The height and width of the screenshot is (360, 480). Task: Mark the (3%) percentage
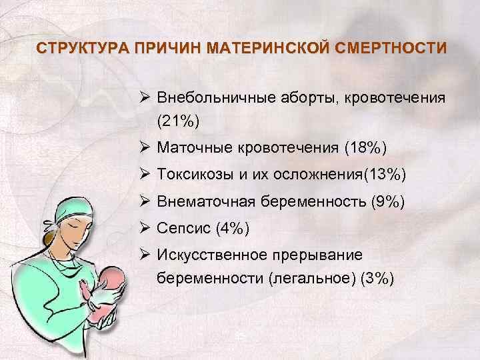coord(377,278)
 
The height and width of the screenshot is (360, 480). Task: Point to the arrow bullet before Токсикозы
coord(145,174)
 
